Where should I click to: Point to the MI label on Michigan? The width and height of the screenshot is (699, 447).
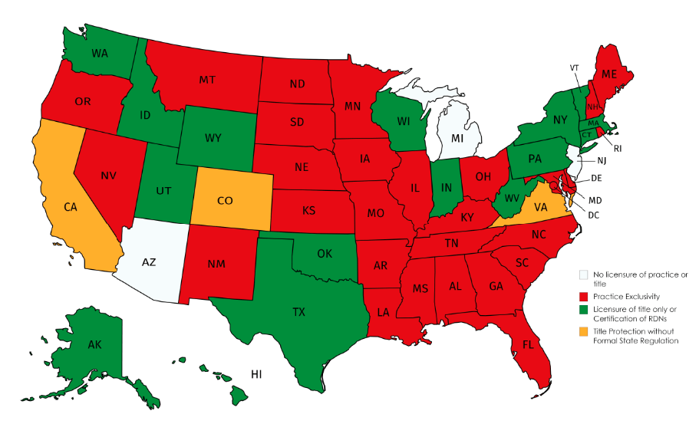coord(457,138)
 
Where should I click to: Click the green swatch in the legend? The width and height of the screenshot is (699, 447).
coord(583,310)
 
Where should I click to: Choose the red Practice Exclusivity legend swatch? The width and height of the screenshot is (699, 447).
coord(583,296)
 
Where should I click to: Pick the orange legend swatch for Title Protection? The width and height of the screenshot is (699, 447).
coord(583,330)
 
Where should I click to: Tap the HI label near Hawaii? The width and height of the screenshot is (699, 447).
coord(257,373)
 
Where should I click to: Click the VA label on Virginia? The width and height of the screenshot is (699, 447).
coord(540,206)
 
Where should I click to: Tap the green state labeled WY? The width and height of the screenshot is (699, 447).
coord(213,138)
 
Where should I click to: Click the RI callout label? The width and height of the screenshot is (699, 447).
coord(618,148)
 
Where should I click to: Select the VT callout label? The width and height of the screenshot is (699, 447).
coord(574,67)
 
